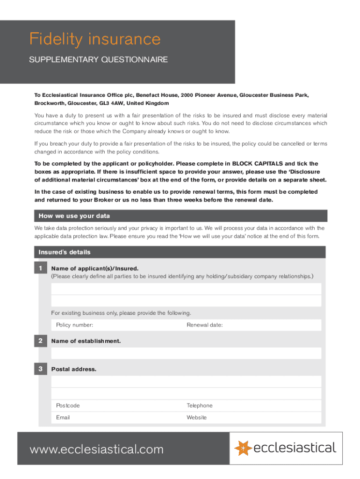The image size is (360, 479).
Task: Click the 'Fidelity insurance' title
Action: pyautogui.click(x=95, y=39)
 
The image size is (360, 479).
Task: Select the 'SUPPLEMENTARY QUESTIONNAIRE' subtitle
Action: pyautogui.click(x=98, y=60)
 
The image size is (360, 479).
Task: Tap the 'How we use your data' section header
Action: pyautogui.click(x=74, y=216)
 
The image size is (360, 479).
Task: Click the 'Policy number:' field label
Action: pyautogui.click(x=74, y=325)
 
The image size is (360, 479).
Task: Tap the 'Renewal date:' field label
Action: pyautogui.click(x=204, y=325)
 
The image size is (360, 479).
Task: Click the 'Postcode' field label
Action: pyautogui.click(x=68, y=406)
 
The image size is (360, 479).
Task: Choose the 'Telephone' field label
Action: pyautogui.click(x=199, y=406)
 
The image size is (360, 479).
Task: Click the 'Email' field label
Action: pyautogui.click(x=63, y=417)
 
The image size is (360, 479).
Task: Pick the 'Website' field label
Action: pyautogui.click(x=196, y=417)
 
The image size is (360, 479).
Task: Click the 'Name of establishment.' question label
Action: pyautogui.click(x=86, y=341)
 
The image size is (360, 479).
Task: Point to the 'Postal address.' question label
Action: pyautogui.click(x=74, y=369)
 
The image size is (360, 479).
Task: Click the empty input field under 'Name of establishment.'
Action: pyautogui.click(x=186, y=353)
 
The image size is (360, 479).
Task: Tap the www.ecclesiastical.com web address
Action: pyautogui.click(x=97, y=450)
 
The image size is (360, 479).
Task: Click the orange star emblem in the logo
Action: pyautogui.click(x=243, y=448)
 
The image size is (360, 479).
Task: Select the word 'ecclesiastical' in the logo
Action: pyautogui.click(x=295, y=448)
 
